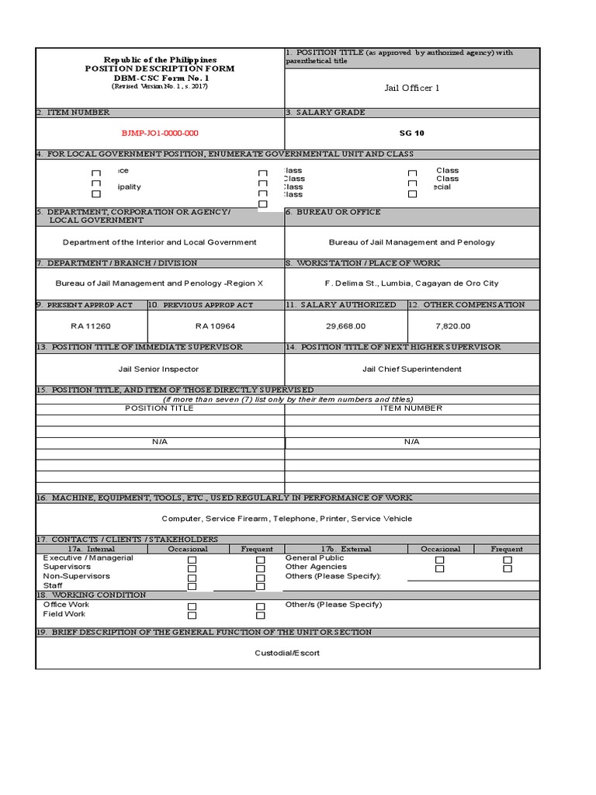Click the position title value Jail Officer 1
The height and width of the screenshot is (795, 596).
coord(412,88)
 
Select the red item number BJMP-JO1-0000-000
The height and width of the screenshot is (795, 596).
coord(160,133)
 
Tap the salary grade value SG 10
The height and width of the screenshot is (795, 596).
coord(411,133)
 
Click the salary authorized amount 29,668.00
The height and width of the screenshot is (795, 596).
coord(345,326)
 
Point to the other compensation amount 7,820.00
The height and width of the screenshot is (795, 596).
coord(453,326)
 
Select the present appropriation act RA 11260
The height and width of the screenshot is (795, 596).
coord(91,326)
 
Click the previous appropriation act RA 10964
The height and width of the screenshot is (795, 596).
coord(215,326)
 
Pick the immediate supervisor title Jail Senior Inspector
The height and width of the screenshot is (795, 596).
coord(158,369)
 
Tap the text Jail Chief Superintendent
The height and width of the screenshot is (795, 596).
coord(411,369)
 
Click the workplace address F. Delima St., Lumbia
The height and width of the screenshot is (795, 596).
coord(411,283)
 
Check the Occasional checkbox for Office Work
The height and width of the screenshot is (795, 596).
coord(192,606)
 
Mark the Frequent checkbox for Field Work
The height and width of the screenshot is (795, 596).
coord(261,616)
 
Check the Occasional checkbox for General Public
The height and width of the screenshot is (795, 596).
coord(440,560)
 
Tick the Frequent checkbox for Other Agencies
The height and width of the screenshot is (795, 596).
coord(508,568)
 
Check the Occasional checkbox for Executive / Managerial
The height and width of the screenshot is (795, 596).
coord(192,560)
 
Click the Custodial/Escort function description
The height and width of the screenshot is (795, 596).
coord(287,653)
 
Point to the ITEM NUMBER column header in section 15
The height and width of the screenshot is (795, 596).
coord(411,408)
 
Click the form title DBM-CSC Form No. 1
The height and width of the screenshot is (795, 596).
coord(160,78)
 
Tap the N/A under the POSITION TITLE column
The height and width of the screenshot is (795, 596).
coord(159,442)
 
